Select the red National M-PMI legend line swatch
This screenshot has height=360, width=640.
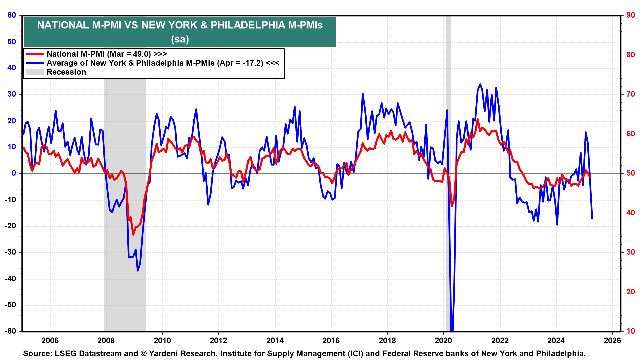pos(35,54)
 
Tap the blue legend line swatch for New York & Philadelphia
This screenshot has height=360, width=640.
pos(35,63)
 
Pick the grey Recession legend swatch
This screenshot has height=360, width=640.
pos(35,72)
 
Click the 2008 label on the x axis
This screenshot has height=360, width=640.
pos(106,341)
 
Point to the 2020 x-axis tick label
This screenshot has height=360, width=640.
pos(443,341)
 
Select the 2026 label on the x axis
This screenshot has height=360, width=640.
pos(612,341)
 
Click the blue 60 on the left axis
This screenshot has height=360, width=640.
pos(12,15)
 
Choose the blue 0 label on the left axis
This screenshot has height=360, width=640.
pos(14,173)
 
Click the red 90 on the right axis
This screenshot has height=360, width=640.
pos(630,15)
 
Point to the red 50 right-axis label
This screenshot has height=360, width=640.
pos(630,173)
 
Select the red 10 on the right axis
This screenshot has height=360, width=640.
pos(630,331)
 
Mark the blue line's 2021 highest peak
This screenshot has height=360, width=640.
pos(480,84)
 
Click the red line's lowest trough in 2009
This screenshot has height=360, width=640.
pos(133,234)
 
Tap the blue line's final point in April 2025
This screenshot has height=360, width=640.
pos(592,219)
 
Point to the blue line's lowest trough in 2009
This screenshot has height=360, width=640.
pos(138,270)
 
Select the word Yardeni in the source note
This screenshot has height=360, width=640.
pos(163,354)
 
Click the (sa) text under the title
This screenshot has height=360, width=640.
pos(180,39)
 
